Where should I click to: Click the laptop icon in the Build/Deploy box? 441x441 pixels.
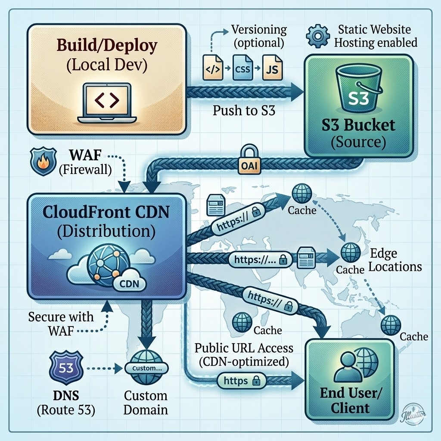tap(107, 103)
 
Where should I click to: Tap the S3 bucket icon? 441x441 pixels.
tap(357, 92)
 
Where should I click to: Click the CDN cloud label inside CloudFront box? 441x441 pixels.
tap(129, 285)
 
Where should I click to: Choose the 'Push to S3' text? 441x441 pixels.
tap(244, 110)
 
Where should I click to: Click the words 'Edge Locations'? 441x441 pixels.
tap(394, 260)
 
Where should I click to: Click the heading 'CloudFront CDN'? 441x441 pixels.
tap(106, 213)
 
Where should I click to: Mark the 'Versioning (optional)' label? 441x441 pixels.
tap(259, 36)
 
